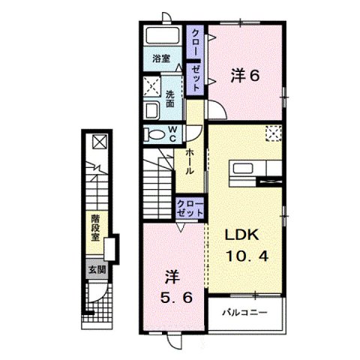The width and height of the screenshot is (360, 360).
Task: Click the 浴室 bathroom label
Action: [x=160, y=58]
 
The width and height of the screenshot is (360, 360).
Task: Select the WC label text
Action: [x=171, y=133]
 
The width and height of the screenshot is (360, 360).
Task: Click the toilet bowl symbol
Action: [x=154, y=135]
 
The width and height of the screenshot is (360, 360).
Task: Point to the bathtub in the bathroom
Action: [x=160, y=37]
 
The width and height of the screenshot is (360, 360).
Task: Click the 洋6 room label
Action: [x=244, y=75]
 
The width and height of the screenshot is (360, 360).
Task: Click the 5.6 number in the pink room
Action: [x=170, y=295]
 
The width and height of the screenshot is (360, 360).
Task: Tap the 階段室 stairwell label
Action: [x=96, y=226]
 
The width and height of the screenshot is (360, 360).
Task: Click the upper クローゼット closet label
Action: [x=196, y=60]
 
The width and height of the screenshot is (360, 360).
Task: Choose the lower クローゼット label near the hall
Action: [x=190, y=208]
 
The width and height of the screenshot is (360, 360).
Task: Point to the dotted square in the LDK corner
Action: [x=272, y=133]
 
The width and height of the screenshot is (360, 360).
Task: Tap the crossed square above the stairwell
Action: [x=98, y=141]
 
